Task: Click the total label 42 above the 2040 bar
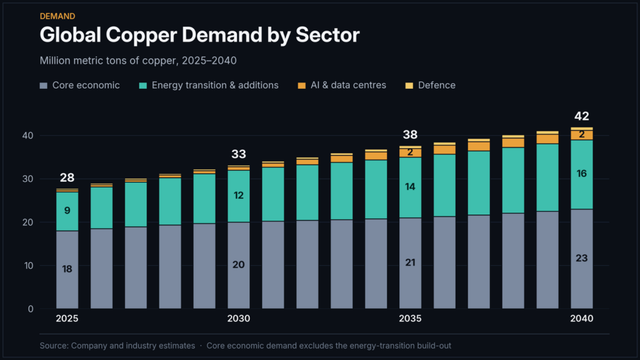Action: (582, 116)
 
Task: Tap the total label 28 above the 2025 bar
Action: (67, 177)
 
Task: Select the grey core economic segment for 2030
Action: (239, 265)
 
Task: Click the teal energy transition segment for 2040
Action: (582, 175)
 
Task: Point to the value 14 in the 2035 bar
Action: (410, 186)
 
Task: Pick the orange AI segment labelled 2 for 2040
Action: (582, 135)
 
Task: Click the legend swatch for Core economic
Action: (44, 86)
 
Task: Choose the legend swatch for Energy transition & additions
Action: (143, 86)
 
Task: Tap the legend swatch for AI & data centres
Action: (302, 86)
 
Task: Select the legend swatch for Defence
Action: (409, 86)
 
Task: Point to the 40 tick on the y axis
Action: (27, 136)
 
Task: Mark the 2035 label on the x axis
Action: (410, 318)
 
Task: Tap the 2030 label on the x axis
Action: (239, 318)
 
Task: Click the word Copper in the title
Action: (141, 36)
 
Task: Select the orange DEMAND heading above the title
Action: (57, 16)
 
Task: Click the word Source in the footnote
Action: (54, 346)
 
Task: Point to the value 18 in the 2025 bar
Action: (67, 269)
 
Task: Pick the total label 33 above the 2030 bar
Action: (239, 154)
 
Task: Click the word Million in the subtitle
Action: (54, 61)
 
